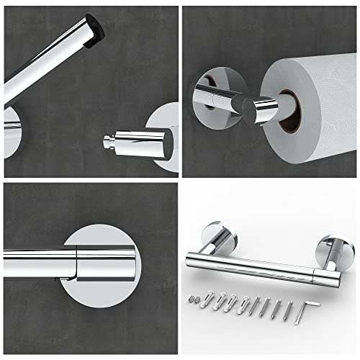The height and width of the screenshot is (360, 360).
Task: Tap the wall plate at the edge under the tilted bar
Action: click(x=8, y=133)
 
